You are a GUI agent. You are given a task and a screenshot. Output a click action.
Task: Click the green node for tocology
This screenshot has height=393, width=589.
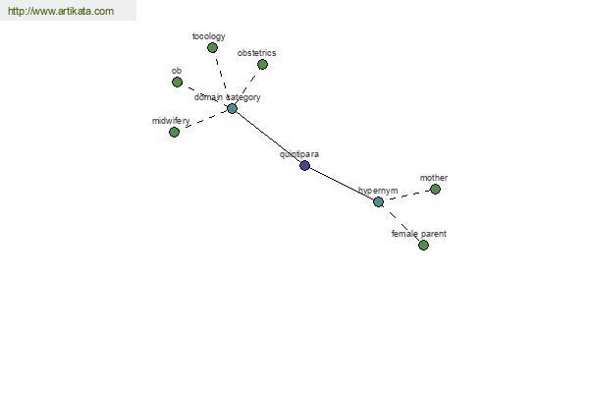[212, 48]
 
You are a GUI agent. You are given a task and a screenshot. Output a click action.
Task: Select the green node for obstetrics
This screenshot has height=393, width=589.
[262, 64]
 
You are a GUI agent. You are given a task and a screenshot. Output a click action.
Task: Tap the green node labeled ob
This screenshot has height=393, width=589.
[178, 82]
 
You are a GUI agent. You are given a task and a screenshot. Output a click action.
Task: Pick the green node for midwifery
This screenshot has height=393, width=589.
[175, 132]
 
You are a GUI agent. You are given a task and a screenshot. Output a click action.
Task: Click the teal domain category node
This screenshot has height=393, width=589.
[232, 109]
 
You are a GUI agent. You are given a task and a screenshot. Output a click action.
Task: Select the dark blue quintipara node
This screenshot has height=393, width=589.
[305, 165]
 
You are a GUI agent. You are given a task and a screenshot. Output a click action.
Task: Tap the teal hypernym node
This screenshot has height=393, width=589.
[378, 202]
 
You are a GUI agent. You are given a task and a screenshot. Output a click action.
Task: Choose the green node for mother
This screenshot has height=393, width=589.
[435, 190]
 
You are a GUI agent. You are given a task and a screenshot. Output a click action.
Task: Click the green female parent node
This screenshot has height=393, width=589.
[423, 246]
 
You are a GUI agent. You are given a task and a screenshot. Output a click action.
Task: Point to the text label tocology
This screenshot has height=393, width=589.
[208, 36]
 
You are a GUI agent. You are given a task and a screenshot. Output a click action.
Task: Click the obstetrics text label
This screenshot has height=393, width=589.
[256, 53]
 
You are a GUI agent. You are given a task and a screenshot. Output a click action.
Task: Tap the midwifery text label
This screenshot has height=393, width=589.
[171, 121]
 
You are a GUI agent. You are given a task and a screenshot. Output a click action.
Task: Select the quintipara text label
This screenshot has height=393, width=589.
[299, 154]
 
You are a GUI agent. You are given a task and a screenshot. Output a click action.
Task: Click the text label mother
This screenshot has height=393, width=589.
[434, 178]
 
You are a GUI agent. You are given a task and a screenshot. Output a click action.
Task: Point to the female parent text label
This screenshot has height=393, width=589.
[419, 234]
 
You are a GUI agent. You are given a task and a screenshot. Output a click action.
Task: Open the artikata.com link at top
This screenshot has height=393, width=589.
[61, 11]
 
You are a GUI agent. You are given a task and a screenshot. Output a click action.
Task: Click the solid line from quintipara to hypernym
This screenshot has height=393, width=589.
[342, 184]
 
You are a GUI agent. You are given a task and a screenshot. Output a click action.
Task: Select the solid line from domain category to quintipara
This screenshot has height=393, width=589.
[269, 138]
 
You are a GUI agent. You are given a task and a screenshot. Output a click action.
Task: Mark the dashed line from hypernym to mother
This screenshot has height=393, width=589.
[406, 196]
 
